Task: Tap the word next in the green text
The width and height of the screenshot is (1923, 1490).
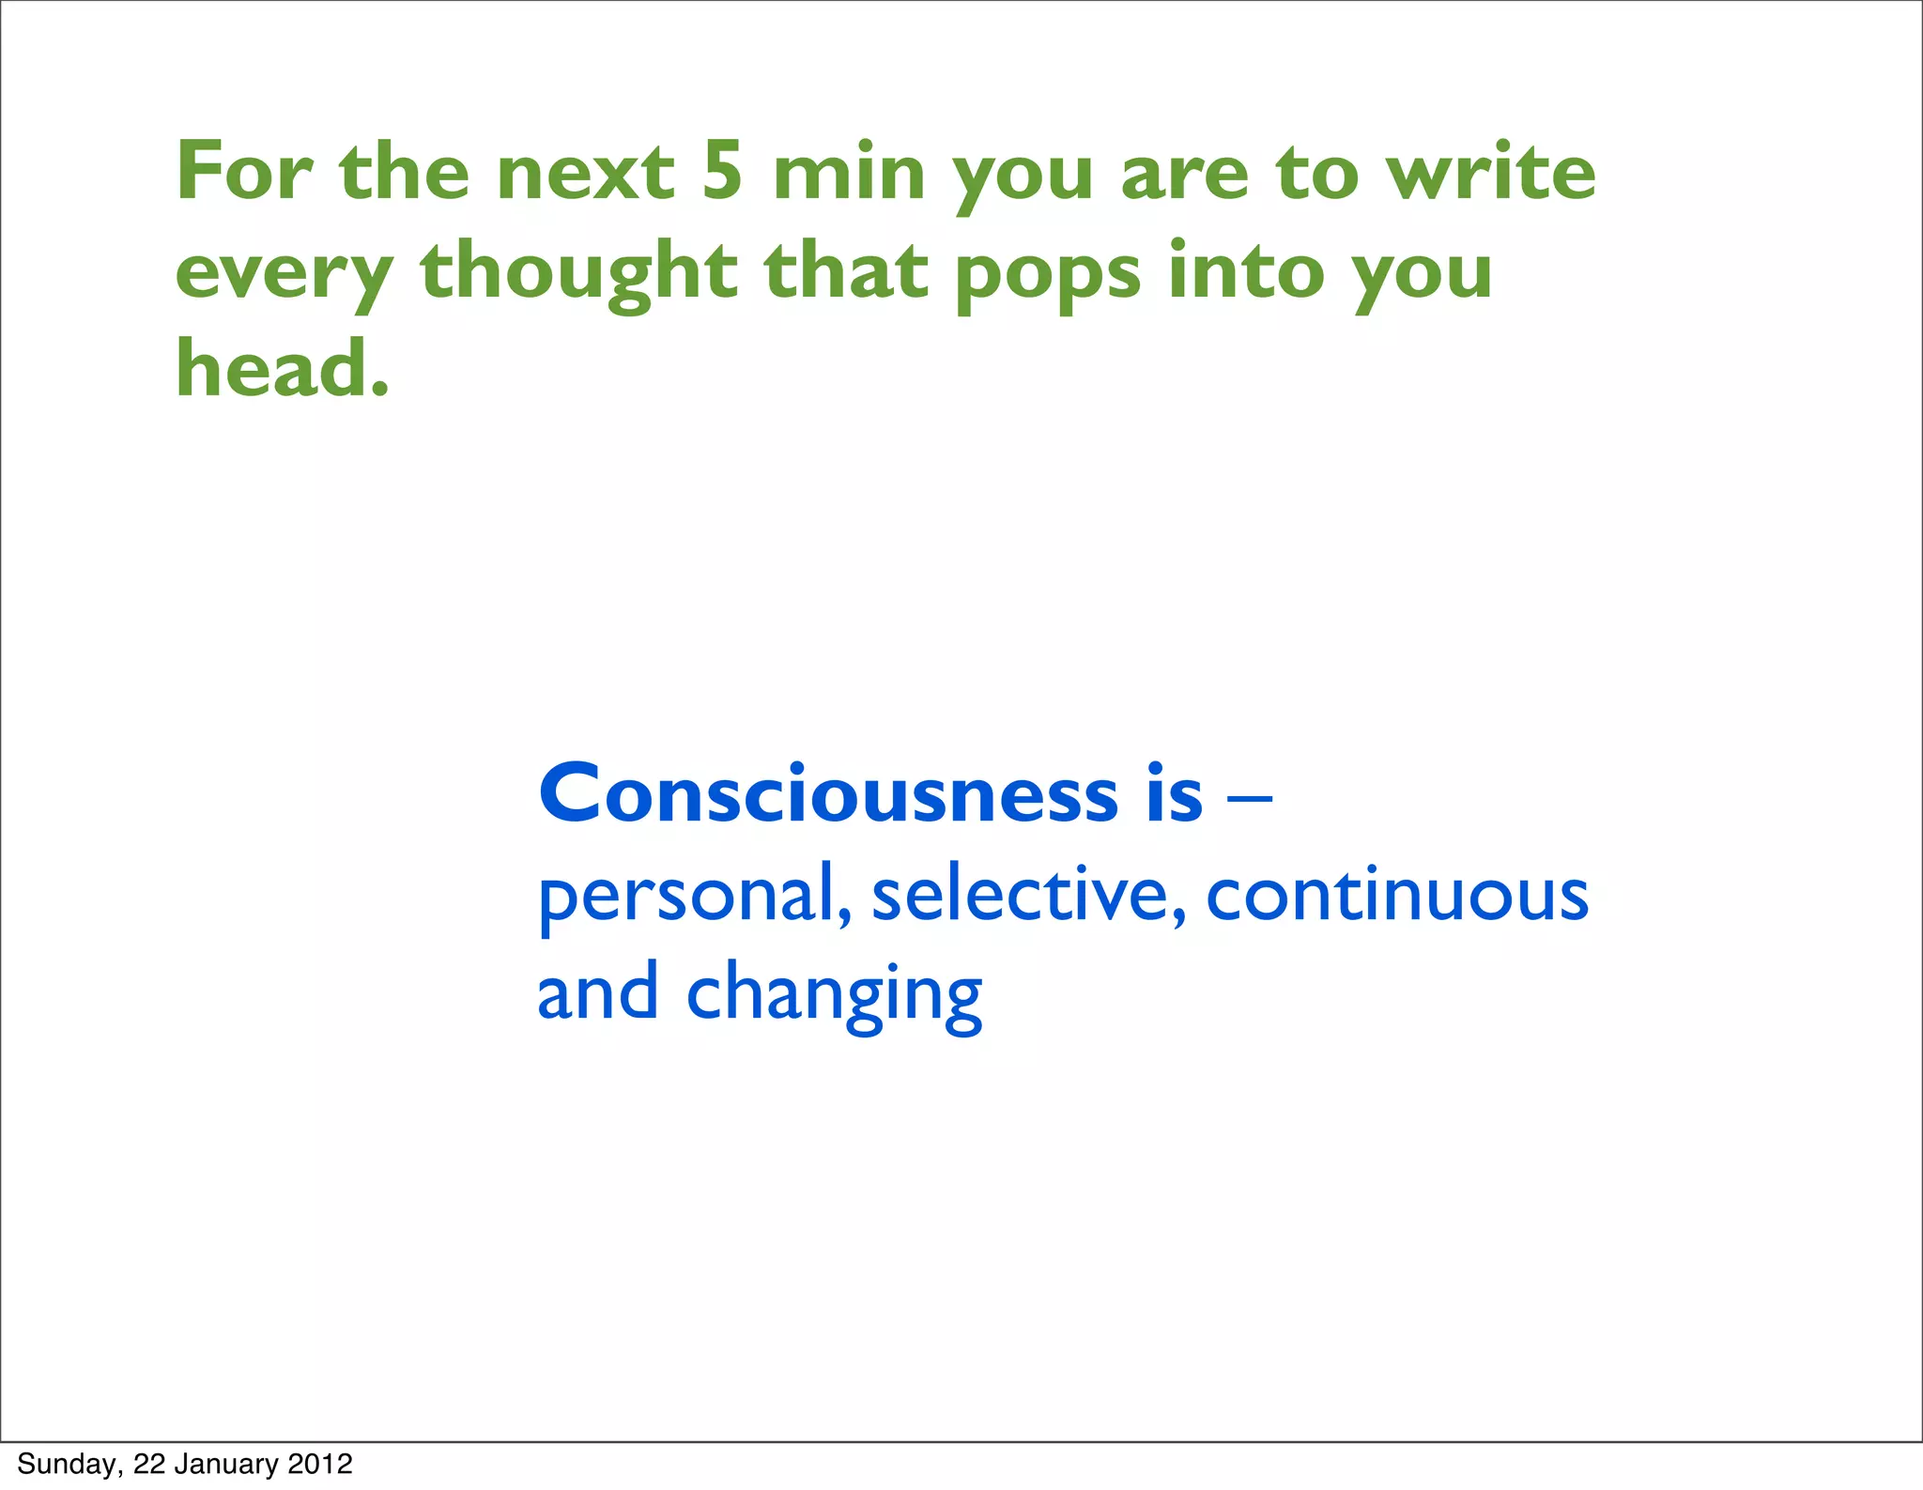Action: pos(585,174)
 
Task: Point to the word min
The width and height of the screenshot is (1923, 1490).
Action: pos(849,174)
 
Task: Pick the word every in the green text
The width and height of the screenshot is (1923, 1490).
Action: pos(284,274)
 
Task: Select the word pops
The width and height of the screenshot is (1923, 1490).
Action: pos(1048,274)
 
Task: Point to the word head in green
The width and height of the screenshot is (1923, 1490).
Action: pos(272,369)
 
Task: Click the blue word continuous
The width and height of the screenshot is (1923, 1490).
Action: pos(1396,894)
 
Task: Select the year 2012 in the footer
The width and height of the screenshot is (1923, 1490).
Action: pos(320,1464)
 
